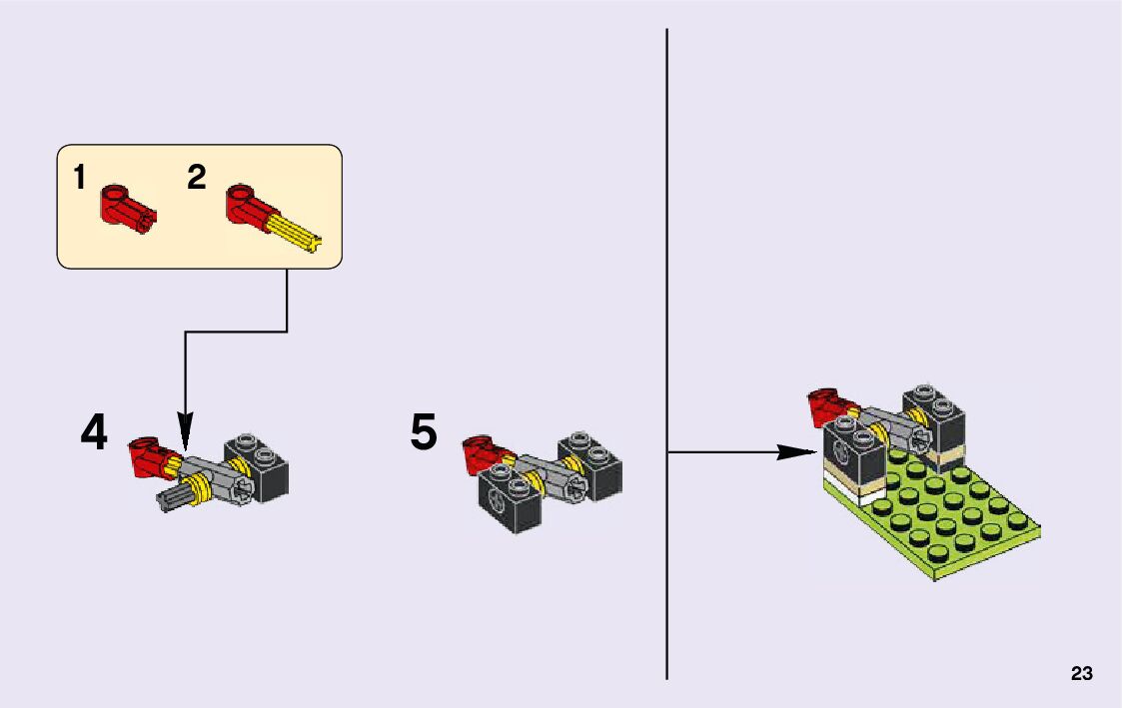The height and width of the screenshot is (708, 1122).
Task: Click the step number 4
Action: [x=93, y=432]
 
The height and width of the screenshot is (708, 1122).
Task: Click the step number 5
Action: [x=424, y=432]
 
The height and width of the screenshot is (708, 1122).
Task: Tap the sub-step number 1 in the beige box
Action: [x=79, y=178]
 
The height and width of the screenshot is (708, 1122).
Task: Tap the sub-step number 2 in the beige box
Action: [x=196, y=178]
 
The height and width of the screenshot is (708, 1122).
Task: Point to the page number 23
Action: [x=1081, y=674]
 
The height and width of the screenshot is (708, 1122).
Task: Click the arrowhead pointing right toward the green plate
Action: [x=795, y=452]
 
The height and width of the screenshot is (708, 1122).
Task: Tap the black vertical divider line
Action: [x=666, y=300]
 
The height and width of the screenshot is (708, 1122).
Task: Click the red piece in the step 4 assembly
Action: [x=148, y=454]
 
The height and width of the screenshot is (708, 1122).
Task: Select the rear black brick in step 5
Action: [x=591, y=465]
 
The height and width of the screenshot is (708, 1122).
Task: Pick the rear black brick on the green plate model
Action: [x=934, y=419]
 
